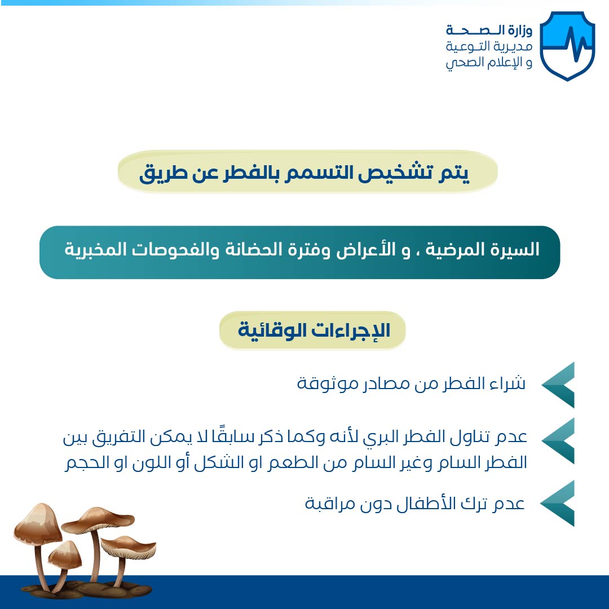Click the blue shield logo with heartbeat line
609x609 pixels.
click(567, 46)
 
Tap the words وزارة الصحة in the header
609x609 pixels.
click(489, 30)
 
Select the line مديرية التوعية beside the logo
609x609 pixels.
click(489, 47)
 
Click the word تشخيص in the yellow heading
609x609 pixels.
click(395, 173)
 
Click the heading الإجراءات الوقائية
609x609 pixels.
click(314, 330)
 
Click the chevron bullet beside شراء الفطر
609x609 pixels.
click(558, 385)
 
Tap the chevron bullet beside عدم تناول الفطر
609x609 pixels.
click(558, 441)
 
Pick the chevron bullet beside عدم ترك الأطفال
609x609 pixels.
click(558, 503)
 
